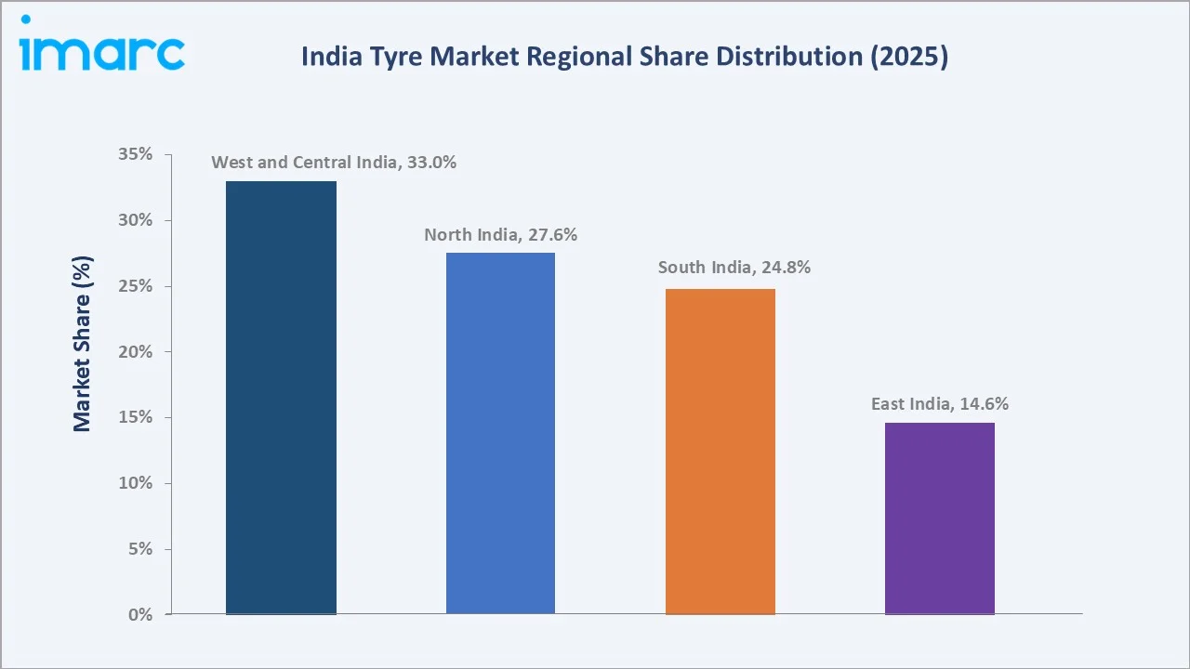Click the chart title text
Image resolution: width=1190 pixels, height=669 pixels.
tap(624, 57)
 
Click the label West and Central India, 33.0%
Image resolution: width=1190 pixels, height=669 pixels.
tap(334, 163)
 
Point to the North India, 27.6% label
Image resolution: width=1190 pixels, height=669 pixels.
tap(500, 235)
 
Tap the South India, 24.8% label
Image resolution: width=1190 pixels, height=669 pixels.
tap(734, 268)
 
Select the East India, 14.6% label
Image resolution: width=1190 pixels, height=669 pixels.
tap(939, 404)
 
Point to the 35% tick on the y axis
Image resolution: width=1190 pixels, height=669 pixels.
tap(136, 154)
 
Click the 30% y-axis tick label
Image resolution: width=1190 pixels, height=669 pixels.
tap(136, 220)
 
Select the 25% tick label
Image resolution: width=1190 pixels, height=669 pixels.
tap(136, 286)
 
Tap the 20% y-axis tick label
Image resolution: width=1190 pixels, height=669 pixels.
tap(136, 352)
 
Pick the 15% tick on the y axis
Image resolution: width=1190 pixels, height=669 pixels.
tap(136, 417)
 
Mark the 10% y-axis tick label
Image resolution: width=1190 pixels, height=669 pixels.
tap(136, 483)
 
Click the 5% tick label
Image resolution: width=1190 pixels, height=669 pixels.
tap(139, 549)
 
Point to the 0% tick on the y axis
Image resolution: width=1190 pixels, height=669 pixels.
tap(139, 614)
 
